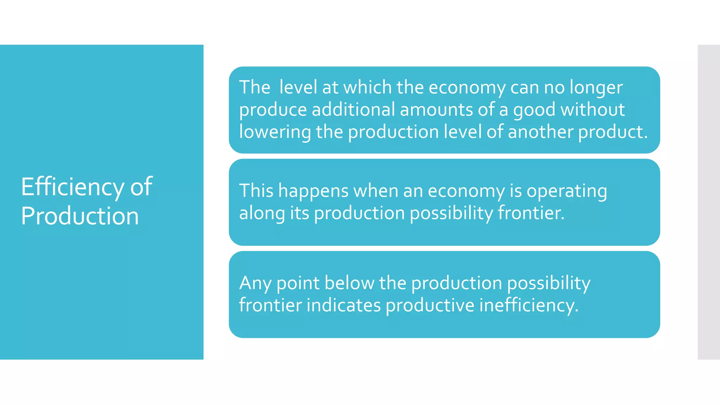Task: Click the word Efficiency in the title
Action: click(72, 187)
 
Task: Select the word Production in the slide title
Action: click(80, 216)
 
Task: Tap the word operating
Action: click(566, 191)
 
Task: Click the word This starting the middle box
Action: click(256, 191)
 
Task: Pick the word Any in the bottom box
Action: click(255, 283)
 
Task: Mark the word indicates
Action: click(343, 305)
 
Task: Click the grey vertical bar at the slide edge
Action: click(709, 202)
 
